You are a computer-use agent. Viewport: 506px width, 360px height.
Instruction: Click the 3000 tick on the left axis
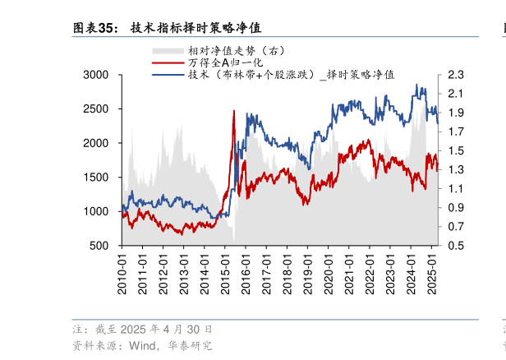pyautogui.click(x=96, y=75)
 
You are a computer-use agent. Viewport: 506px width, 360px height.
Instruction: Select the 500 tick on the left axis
pyautogui.click(x=100, y=246)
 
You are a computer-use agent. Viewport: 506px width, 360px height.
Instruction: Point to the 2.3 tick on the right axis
pyautogui.click(x=457, y=75)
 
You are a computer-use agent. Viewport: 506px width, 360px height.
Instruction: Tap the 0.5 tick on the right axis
pyautogui.click(x=457, y=246)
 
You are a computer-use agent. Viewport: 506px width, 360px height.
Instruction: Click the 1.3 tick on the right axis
pyautogui.click(x=457, y=170)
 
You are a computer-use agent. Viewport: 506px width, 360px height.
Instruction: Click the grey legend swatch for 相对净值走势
pyautogui.click(x=168, y=51)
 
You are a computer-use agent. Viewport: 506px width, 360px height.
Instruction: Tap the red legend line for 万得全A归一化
pyautogui.click(x=168, y=62)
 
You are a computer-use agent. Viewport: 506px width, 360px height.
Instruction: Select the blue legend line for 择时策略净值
pyautogui.click(x=168, y=74)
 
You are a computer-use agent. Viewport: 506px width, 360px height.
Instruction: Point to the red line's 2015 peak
pyautogui.click(x=234, y=112)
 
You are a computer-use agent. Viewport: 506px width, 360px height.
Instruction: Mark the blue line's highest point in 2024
pyautogui.click(x=417, y=85)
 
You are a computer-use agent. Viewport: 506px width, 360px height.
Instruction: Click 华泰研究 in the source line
pyautogui.click(x=190, y=345)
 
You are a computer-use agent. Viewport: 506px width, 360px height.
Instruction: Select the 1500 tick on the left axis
pyautogui.click(x=96, y=178)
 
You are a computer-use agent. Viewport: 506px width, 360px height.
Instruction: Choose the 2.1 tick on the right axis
pyautogui.click(x=457, y=94)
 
